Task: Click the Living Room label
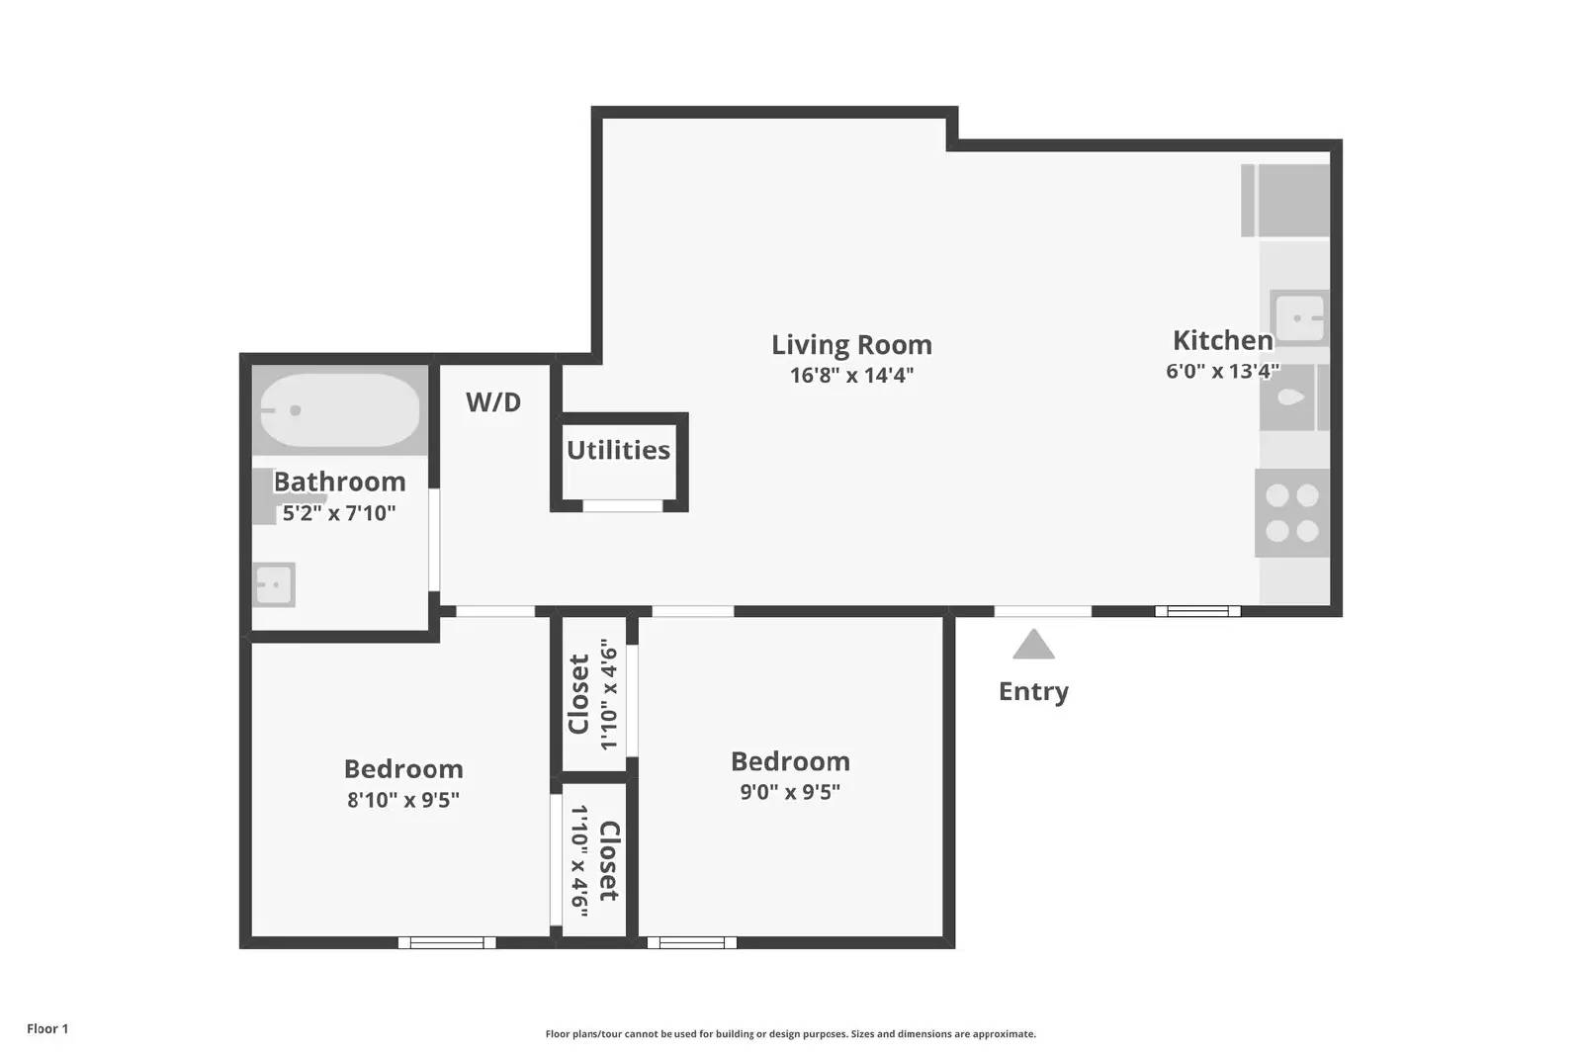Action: pos(851,345)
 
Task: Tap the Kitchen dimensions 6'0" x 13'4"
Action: pos(1222,371)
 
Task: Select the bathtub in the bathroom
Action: pos(340,410)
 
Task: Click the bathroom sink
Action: pos(274,584)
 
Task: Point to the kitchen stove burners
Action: pos(1291,513)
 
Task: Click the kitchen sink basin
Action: pos(1299,317)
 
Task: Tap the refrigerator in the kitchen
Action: pos(1285,201)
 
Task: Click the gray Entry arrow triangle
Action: pos(1033,644)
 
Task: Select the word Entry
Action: pos(1033,691)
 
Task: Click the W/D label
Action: pos(493,402)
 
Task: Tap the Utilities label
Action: pos(618,451)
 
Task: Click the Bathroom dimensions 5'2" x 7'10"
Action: pos(339,513)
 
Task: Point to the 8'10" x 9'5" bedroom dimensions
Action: pos(403,800)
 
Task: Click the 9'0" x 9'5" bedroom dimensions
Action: pos(790,792)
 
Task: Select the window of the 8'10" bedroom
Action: pos(447,942)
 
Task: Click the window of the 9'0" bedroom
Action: pos(692,942)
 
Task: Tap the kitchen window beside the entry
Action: pos(1197,611)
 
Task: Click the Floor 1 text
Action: pos(47,1029)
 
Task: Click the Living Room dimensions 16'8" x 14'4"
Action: pos(851,375)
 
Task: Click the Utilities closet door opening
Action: pos(622,505)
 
